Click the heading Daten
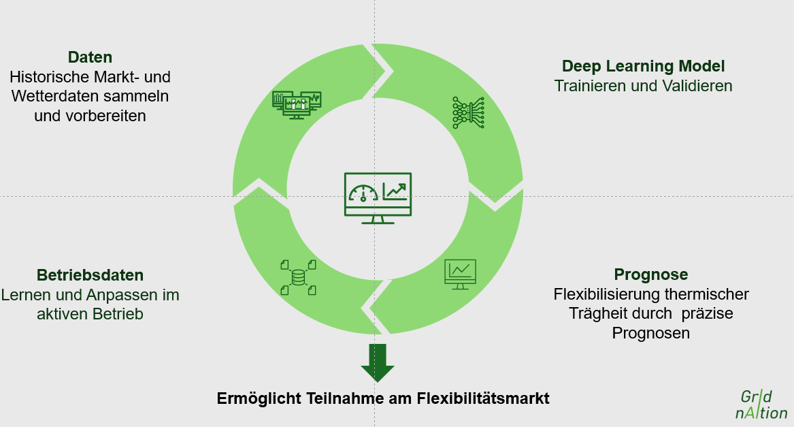(90, 57)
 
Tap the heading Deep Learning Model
(643, 66)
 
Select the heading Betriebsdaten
(90, 275)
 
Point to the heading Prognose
(650, 274)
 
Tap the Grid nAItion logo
(761, 405)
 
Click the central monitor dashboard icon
(378, 197)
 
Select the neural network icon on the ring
(468, 112)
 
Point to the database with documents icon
(298, 277)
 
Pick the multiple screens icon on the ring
(296, 104)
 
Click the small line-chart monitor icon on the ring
(460, 273)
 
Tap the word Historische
(47, 77)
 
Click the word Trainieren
(589, 86)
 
